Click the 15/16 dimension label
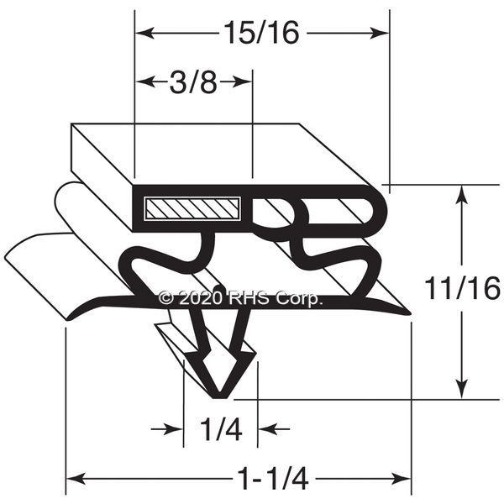tap(261, 33)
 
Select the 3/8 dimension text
tap(193, 82)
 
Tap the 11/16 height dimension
tap(463, 288)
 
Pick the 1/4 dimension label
tap(221, 428)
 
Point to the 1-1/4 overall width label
tap(273, 480)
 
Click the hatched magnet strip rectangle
tap(192, 209)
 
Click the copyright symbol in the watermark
tap(166, 298)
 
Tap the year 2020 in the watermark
tap(201, 298)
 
